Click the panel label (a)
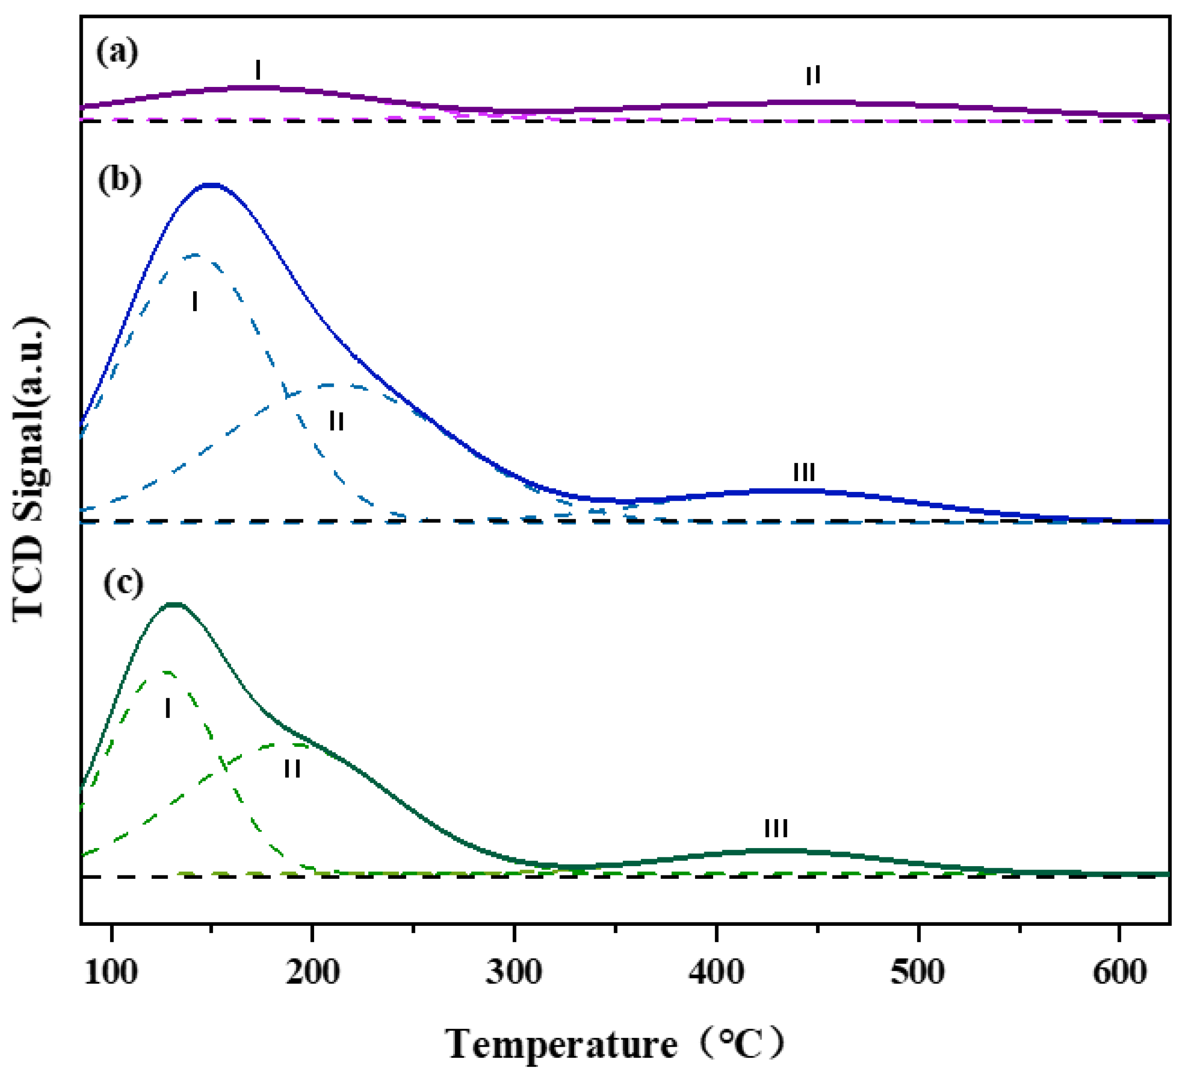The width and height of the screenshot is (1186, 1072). tap(117, 53)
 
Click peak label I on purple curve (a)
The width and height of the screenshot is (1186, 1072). tap(258, 70)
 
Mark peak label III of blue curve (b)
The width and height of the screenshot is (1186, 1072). tap(804, 472)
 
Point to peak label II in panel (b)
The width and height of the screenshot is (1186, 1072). tap(336, 421)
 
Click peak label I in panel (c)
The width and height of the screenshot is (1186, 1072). tap(168, 709)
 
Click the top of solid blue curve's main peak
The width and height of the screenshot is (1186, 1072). tap(210, 185)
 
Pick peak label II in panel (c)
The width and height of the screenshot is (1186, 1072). tap(292, 768)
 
